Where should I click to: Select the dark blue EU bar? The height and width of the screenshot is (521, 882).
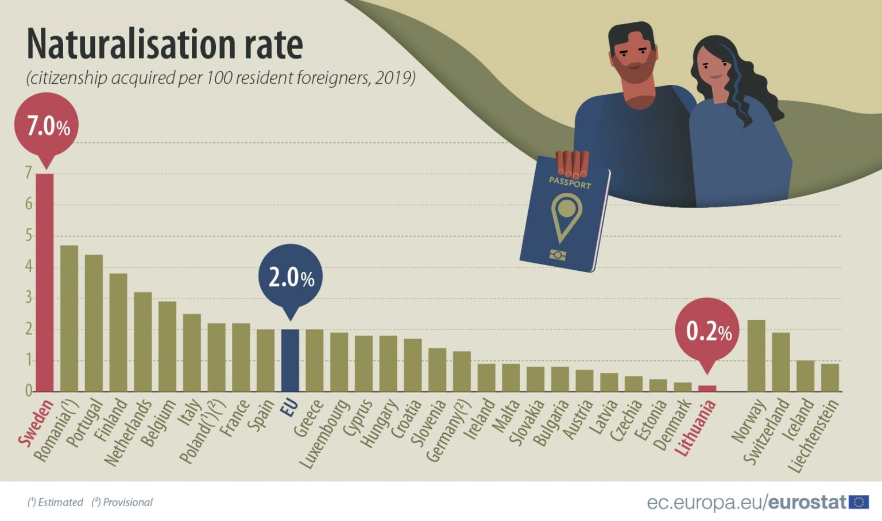290,360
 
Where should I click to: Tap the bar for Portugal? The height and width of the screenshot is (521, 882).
94,323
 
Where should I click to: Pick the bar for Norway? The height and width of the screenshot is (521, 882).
756,356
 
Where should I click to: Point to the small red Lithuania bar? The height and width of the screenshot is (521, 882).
707,388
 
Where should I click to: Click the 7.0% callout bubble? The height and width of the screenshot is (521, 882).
47,126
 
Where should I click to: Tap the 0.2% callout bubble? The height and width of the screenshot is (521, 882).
707,332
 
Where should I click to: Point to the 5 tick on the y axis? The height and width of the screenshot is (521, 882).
29,236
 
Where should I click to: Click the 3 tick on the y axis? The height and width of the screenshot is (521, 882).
29,298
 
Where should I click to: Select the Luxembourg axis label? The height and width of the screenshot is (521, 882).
325,434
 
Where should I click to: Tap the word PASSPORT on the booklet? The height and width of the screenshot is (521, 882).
570,182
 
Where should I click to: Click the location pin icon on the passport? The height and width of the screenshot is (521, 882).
566,216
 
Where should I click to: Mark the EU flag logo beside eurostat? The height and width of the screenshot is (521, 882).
858,502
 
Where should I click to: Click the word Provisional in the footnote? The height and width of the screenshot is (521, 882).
127,502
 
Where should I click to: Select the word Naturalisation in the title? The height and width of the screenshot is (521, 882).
127,44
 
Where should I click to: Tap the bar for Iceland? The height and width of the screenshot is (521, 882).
805,376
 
